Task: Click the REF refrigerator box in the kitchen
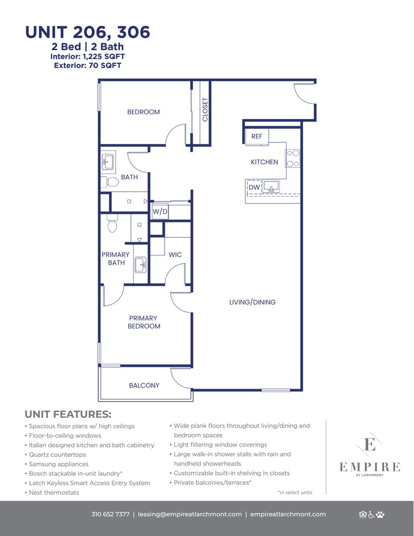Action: pos(257,136)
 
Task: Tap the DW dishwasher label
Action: pos(254,187)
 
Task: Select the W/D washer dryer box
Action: pos(160,211)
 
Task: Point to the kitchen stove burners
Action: pos(293,158)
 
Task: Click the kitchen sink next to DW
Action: pos(271,187)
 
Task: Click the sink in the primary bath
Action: pos(140,265)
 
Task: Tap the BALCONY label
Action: pos(144,385)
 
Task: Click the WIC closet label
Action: pos(175,255)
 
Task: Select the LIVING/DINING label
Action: pos(252,302)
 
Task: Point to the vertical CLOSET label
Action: pos(205,109)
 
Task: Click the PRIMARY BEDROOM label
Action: pos(144,322)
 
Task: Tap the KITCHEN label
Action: pos(264,162)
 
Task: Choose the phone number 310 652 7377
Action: pos(111,514)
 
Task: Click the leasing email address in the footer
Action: pos(190,515)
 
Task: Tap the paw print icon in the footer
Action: pos(381,514)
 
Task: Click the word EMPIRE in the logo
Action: pos(369,467)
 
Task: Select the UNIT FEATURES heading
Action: pos(68,414)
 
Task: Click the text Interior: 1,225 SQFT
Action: pos(87,57)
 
